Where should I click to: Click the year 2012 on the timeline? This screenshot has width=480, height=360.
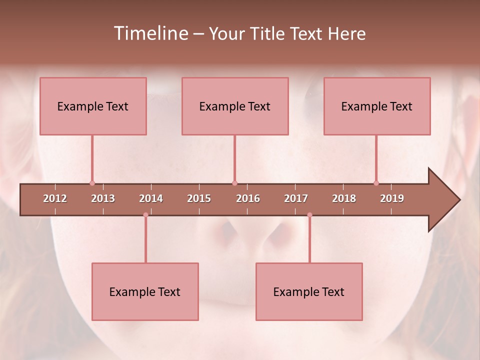[55, 198]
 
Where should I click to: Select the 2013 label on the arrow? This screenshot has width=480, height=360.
[103, 198]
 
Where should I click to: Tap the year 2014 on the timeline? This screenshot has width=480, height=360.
[151, 198]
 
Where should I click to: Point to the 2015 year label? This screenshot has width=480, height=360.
[199, 198]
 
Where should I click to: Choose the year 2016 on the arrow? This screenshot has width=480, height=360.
[248, 198]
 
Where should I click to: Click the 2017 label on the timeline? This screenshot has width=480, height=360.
[296, 198]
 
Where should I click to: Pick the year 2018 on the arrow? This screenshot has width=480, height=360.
[344, 198]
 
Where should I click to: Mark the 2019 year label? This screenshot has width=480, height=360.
[392, 198]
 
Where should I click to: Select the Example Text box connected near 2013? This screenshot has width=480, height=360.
[93, 106]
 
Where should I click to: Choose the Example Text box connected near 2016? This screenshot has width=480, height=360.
[235, 106]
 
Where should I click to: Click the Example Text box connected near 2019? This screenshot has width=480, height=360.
[377, 106]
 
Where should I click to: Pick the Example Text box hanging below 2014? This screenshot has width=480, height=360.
[145, 291]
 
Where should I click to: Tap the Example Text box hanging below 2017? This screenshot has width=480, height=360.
[309, 291]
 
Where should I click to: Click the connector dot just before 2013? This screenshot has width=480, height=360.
[92, 183]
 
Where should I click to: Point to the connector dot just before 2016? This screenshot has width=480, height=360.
[234, 183]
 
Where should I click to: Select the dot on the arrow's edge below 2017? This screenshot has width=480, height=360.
[309, 215]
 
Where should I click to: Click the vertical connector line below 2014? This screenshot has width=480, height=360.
[145, 240]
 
